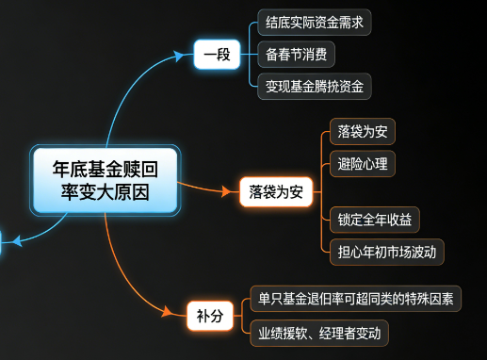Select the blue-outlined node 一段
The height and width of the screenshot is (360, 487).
click(x=217, y=55)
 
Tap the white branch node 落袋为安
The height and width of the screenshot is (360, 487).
click(x=275, y=191)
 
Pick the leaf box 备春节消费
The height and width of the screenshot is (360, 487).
click(x=296, y=55)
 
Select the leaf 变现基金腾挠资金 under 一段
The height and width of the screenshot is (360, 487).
click(x=314, y=87)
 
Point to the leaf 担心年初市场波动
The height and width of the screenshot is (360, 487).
click(x=386, y=252)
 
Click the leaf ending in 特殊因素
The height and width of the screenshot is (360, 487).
click(x=355, y=300)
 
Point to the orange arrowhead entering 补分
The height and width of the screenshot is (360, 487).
click(x=179, y=314)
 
